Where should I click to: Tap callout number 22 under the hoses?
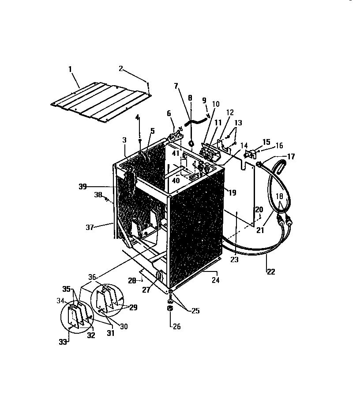click(270, 272)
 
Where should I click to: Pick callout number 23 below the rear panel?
click(234, 260)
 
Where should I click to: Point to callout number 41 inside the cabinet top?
click(176, 154)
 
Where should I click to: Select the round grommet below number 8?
click(192, 143)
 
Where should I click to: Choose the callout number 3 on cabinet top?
click(125, 140)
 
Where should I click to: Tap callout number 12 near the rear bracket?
click(230, 113)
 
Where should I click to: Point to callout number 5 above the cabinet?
click(152, 130)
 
